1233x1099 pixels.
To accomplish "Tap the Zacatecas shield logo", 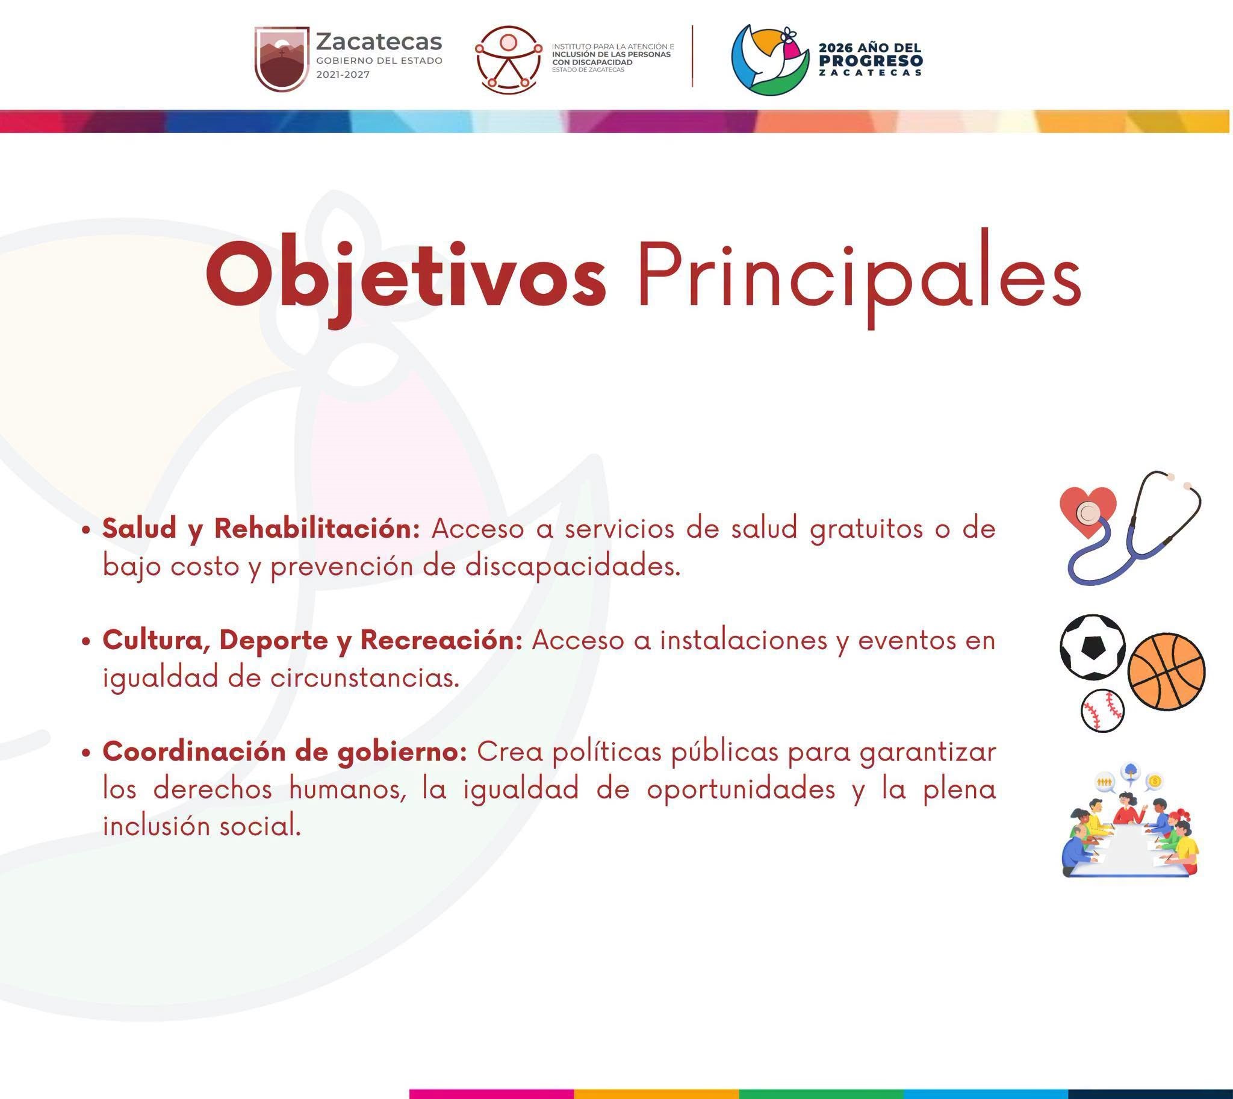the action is tap(281, 58).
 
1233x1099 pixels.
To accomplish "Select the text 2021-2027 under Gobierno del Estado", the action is tap(343, 75).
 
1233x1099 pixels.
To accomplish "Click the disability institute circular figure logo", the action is tap(508, 59).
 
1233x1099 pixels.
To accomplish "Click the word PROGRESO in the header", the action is tap(871, 60).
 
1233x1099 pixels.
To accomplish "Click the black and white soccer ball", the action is tap(1092, 647).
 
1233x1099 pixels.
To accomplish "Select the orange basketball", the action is tap(1167, 671).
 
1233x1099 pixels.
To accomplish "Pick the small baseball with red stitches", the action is tap(1102, 710).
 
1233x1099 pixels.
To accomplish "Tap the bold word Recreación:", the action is tap(441, 640).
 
